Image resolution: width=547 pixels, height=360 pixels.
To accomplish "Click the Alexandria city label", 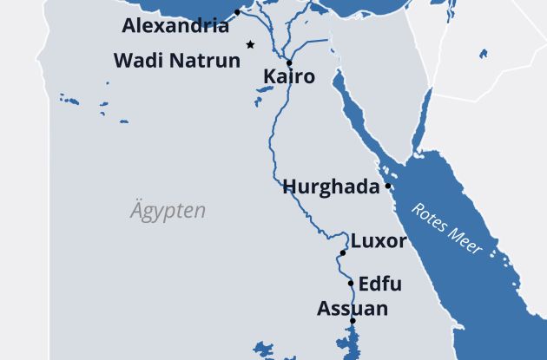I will pyautogui.click(x=175, y=26).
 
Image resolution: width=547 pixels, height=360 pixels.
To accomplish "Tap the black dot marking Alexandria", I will pyautogui.click(x=237, y=12).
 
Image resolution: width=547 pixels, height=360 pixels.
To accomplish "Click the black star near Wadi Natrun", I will pyautogui.click(x=250, y=44).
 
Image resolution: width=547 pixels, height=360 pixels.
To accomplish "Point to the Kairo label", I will pyautogui.click(x=288, y=78).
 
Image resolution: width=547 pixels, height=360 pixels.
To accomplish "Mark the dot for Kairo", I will pyautogui.click(x=288, y=62).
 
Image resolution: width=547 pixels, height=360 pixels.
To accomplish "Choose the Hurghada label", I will pyautogui.click(x=332, y=187).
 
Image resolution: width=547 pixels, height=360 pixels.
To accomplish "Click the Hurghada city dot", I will pyautogui.click(x=388, y=186).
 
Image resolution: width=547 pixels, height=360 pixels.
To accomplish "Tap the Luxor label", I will pyautogui.click(x=378, y=241).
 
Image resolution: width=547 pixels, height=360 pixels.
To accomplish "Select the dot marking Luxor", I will pyautogui.click(x=343, y=252).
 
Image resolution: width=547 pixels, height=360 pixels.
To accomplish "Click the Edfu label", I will pyautogui.click(x=379, y=284).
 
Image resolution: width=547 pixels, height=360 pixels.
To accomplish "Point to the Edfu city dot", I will pyautogui.click(x=351, y=284).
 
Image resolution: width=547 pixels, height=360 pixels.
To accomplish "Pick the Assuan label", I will pyautogui.click(x=352, y=308).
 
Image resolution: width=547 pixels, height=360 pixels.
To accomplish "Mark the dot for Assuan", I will pyautogui.click(x=353, y=322).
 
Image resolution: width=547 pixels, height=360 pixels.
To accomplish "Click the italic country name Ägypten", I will pyautogui.click(x=168, y=211).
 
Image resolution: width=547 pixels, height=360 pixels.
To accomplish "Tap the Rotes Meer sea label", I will pyautogui.click(x=445, y=228).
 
